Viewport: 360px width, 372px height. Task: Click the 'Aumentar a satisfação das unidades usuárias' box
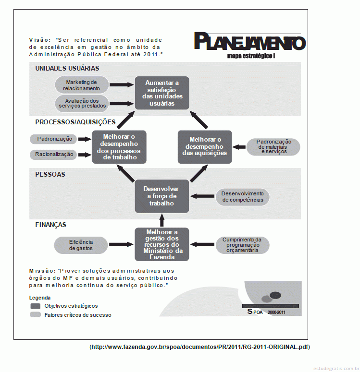[x=162, y=93]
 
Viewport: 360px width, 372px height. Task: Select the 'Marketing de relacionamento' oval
[x=82, y=85]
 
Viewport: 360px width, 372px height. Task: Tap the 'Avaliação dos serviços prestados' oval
[x=82, y=103]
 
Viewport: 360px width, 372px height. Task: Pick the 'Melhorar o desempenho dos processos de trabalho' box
[x=119, y=147]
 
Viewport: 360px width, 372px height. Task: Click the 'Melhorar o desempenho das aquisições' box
[x=205, y=147]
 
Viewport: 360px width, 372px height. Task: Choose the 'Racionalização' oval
[x=53, y=155]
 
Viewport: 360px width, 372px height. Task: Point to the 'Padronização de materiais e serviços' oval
[x=273, y=147]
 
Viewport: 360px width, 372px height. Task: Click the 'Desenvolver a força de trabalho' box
[x=162, y=196]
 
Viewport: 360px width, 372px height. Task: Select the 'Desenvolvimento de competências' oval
[x=243, y=197]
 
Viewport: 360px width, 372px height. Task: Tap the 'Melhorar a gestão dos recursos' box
[x=162, y=244]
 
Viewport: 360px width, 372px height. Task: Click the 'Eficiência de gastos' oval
[x=81, y=245]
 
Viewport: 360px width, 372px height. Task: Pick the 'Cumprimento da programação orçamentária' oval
[x=243, y=245]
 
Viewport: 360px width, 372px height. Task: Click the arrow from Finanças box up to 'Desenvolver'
[x=162, y=220]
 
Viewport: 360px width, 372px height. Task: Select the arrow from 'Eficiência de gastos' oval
[x=121, y=244]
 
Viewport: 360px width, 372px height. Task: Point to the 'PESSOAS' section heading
[x=50, y=174]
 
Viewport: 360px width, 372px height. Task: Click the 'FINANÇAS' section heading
[x=50, y=225]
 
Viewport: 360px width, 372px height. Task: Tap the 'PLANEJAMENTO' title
[x=250, y=41]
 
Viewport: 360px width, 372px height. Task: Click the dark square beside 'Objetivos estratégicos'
[x=36, y=306]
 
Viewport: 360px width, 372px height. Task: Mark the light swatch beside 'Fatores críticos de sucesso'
[x=36, y=315]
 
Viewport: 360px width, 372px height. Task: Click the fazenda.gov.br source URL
[x=200, y=347]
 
